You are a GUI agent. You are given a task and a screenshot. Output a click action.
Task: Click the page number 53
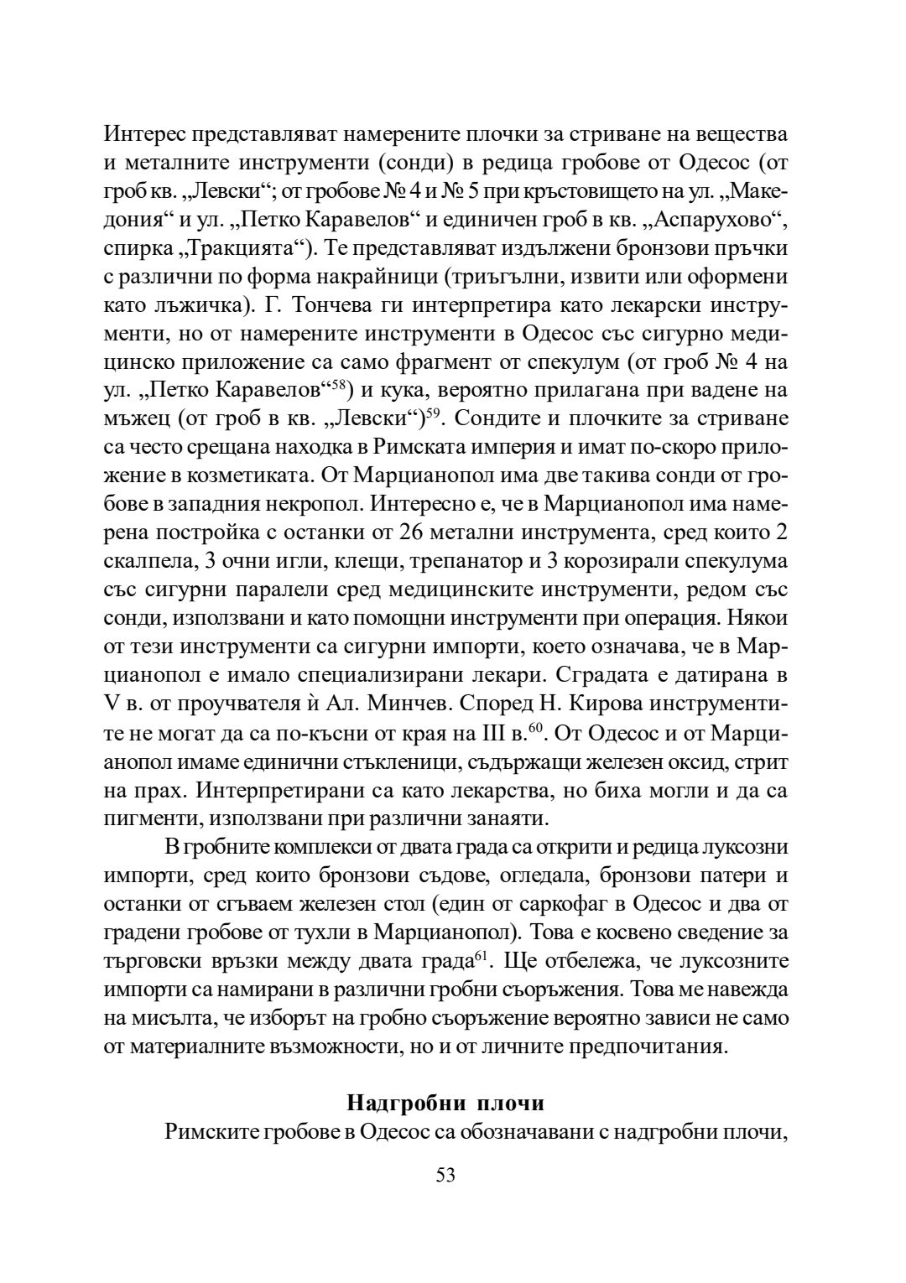445,1175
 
